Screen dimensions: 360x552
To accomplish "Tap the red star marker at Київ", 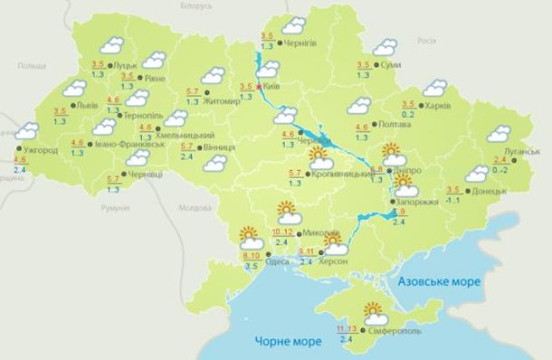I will tap(260, 87).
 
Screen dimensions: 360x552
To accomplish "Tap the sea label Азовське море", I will tap(439, 282).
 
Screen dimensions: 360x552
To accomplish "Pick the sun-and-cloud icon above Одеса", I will tap(251, 238).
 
